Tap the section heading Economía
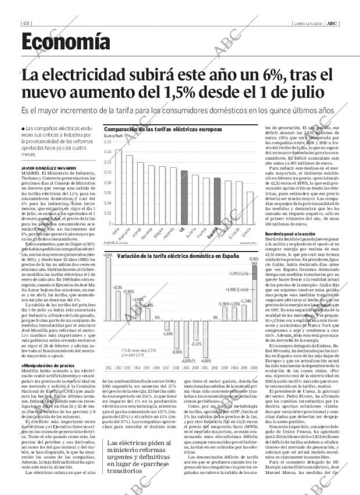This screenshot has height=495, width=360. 65,41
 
